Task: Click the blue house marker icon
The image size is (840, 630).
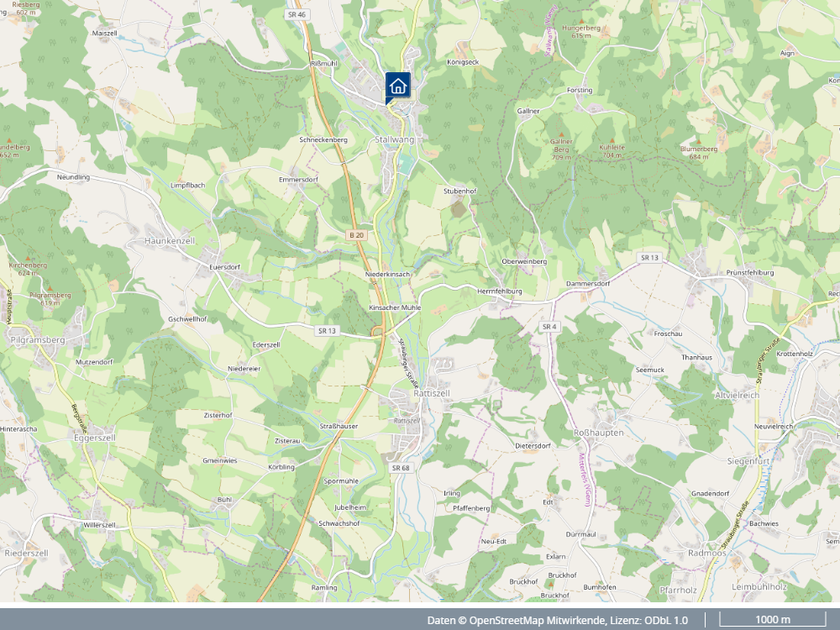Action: coord(397,85)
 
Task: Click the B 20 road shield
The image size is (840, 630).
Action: coord(356,235)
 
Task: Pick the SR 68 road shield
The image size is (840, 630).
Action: coord(400,467)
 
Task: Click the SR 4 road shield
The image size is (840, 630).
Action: coord(549,326)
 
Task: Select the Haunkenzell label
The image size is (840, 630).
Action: coord(169,241)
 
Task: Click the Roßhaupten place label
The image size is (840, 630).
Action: coord(597,432)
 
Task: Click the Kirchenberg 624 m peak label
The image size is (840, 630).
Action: coord(28,268)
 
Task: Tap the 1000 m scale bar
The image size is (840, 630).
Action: coord(773,620)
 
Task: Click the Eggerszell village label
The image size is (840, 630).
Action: coord(94,438)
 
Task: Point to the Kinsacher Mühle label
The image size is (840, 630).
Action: coord(395,308)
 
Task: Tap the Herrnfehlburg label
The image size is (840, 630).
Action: coord(499,291)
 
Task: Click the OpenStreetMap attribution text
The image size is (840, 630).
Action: coord(557,620)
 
